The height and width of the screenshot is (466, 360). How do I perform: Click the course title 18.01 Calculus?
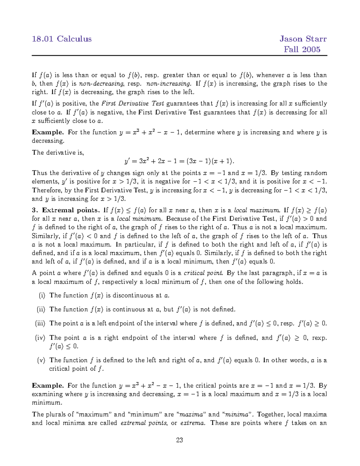(x=62, y=39)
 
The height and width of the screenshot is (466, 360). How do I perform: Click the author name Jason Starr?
(x=303, y=39)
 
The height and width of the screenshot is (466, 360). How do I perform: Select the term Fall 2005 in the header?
(x=302, y=50)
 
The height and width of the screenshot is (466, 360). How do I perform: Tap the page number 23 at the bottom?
(x=180, y=440)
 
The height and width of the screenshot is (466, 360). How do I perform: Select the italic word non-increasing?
(x=168, y=84)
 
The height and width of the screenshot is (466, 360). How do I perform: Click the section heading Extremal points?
(x=70, y=210)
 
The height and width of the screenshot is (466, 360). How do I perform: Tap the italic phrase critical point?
(x=203, y=273)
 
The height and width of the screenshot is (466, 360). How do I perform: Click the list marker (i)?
(x=42, y=296)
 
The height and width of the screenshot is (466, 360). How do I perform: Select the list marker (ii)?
(x=41, y=309)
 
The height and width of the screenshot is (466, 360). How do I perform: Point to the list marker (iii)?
(x=40, y=323)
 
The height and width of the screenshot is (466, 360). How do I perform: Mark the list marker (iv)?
(x=40, y=338)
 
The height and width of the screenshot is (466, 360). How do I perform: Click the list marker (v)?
(x=41, y=360)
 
